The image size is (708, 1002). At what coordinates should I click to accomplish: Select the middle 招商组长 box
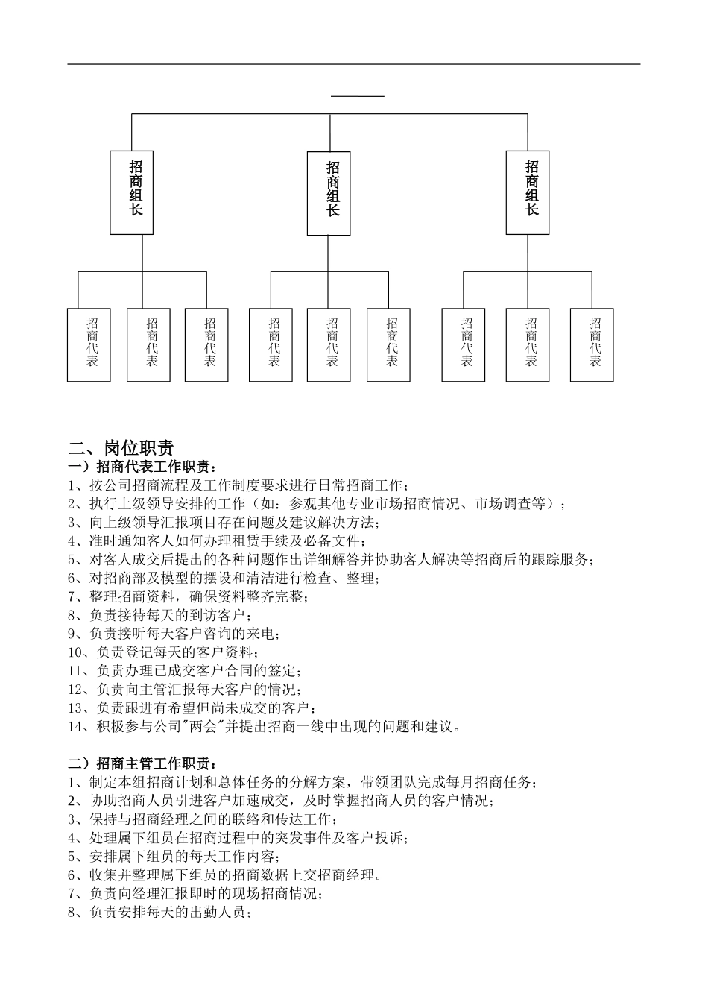(x=329, y=192)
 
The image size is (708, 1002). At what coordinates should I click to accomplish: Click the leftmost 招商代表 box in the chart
(x=89, y=344)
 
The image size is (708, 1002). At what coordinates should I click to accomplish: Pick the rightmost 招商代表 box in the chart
(x=592, y=344)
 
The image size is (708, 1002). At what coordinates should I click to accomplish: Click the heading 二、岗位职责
(x=121, y=447)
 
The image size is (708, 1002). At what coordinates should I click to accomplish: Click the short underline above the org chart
(x=358, y=96)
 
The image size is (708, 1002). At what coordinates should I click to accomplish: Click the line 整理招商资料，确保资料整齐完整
(x=188, y=597)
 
